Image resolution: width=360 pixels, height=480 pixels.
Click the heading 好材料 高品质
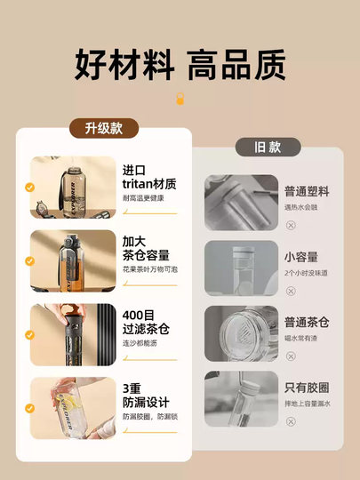(180, 65)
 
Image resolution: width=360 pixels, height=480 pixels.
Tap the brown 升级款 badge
(104, 128)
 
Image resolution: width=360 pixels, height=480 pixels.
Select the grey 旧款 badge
(268, 147)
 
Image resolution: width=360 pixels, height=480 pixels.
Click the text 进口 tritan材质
(148, 177)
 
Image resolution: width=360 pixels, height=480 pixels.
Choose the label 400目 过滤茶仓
(146, 323)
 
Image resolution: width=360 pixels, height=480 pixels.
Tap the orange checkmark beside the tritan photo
(30, 188)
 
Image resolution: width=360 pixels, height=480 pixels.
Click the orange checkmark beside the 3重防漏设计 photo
(30, 410)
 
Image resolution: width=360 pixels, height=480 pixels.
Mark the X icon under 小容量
(292, 290)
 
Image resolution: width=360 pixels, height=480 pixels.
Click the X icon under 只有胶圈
(292, 421)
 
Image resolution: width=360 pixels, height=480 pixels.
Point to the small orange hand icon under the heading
(180, 100)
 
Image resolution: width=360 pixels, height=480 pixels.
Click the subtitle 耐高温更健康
(143, 198)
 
